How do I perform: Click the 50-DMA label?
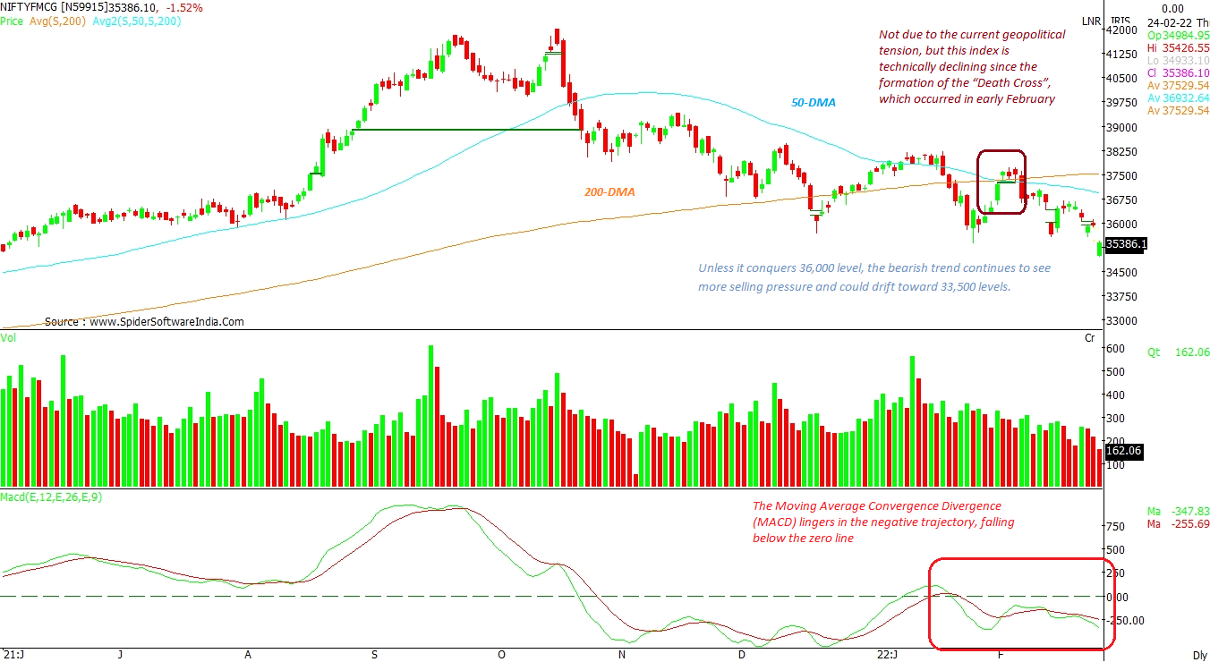tap(813, 103)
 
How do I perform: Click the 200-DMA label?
tap(612, 191)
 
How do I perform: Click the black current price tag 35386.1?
tap(1126, 244)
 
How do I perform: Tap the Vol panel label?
tap(8, 337)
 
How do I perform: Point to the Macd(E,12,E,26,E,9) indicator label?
tap(51, 496)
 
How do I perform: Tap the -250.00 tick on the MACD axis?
tap(1126, 620)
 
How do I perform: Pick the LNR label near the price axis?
tap(1090, 21)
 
